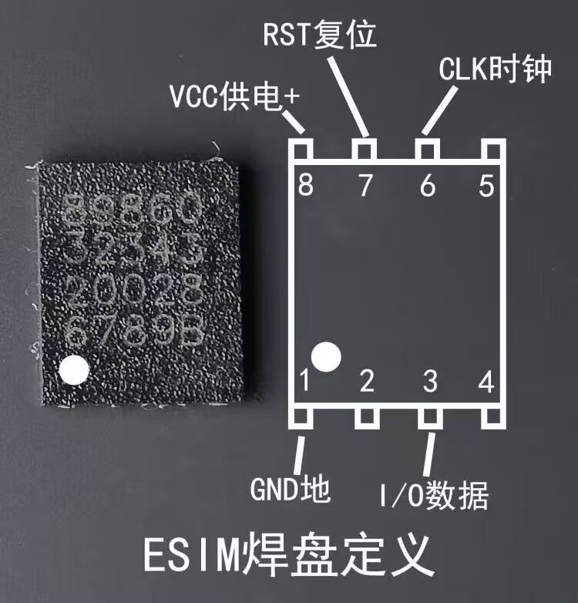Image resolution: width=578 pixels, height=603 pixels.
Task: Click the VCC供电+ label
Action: (x=234, y=98)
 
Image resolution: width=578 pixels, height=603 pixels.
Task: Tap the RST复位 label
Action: (x=320, y=35)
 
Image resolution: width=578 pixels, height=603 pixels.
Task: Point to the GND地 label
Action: (x=290, y=489)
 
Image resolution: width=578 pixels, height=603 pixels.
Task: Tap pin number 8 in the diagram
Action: (x=306, y=187)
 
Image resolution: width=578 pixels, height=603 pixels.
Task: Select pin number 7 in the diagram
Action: (x=365, y=187)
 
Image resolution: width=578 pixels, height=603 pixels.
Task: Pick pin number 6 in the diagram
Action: (x=427, y=187)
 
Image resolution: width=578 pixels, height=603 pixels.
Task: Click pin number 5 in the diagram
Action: (x=486, y=187)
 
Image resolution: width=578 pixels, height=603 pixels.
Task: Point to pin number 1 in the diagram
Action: (x=306, y=380)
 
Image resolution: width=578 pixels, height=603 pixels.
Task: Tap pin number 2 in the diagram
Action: (x=367, y=380)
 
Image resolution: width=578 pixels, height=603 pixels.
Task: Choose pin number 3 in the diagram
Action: (x=429, y=380)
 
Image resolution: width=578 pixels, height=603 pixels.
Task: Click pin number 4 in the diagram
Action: (x=486, y=380)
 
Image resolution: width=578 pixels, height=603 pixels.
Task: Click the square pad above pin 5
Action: (x=490, y=147)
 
